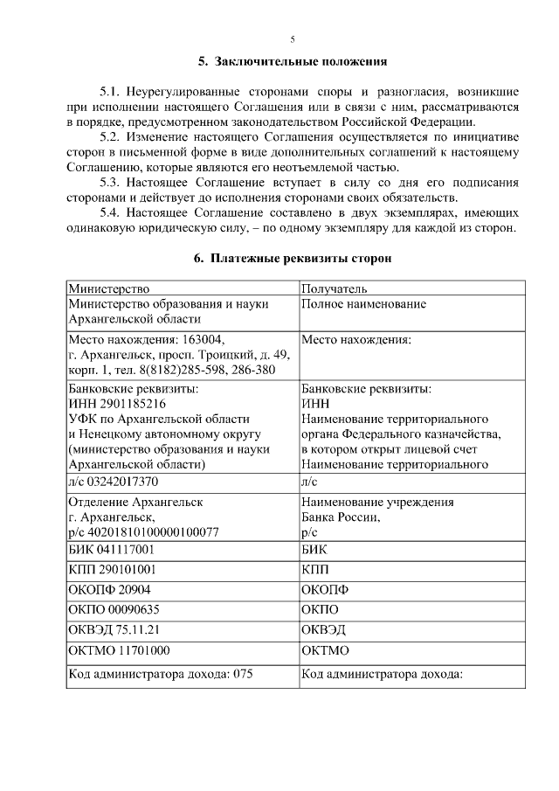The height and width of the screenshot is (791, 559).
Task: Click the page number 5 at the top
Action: coord(293,38)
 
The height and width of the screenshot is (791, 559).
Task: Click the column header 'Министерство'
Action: coord(109,288)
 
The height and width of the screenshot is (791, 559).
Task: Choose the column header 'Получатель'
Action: coord(334,288)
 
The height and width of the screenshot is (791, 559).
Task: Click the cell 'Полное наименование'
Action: coord(363,303)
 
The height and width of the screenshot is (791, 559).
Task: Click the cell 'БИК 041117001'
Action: coord(111,550)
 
